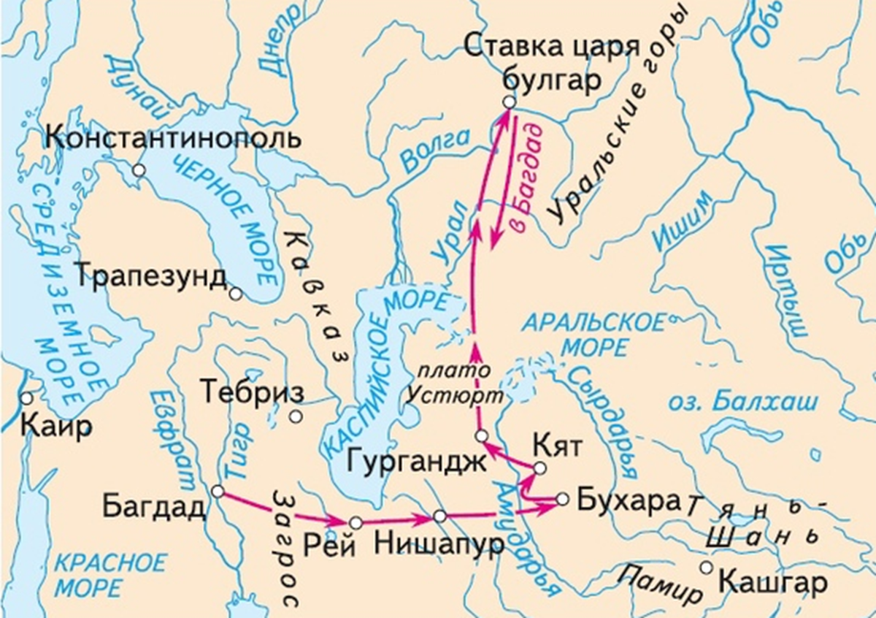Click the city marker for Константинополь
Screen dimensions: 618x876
pyautogui.click(x=139, y=169)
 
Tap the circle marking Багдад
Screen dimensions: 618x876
pyautogui.click(x=217, y=492)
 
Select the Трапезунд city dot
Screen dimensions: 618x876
pyautogui.click(x=235, y=294)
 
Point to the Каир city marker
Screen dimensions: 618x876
pyautogui.click(x=27, y=399)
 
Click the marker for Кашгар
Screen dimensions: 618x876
pyautogui.click(x=705, y=567)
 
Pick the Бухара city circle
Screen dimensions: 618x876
pyautogui.click(x=561, y=499)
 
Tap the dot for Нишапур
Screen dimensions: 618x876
pyautogui.click(x=439, y=516)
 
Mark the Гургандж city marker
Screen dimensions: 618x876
pyautogui.click(x=480, y=436)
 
